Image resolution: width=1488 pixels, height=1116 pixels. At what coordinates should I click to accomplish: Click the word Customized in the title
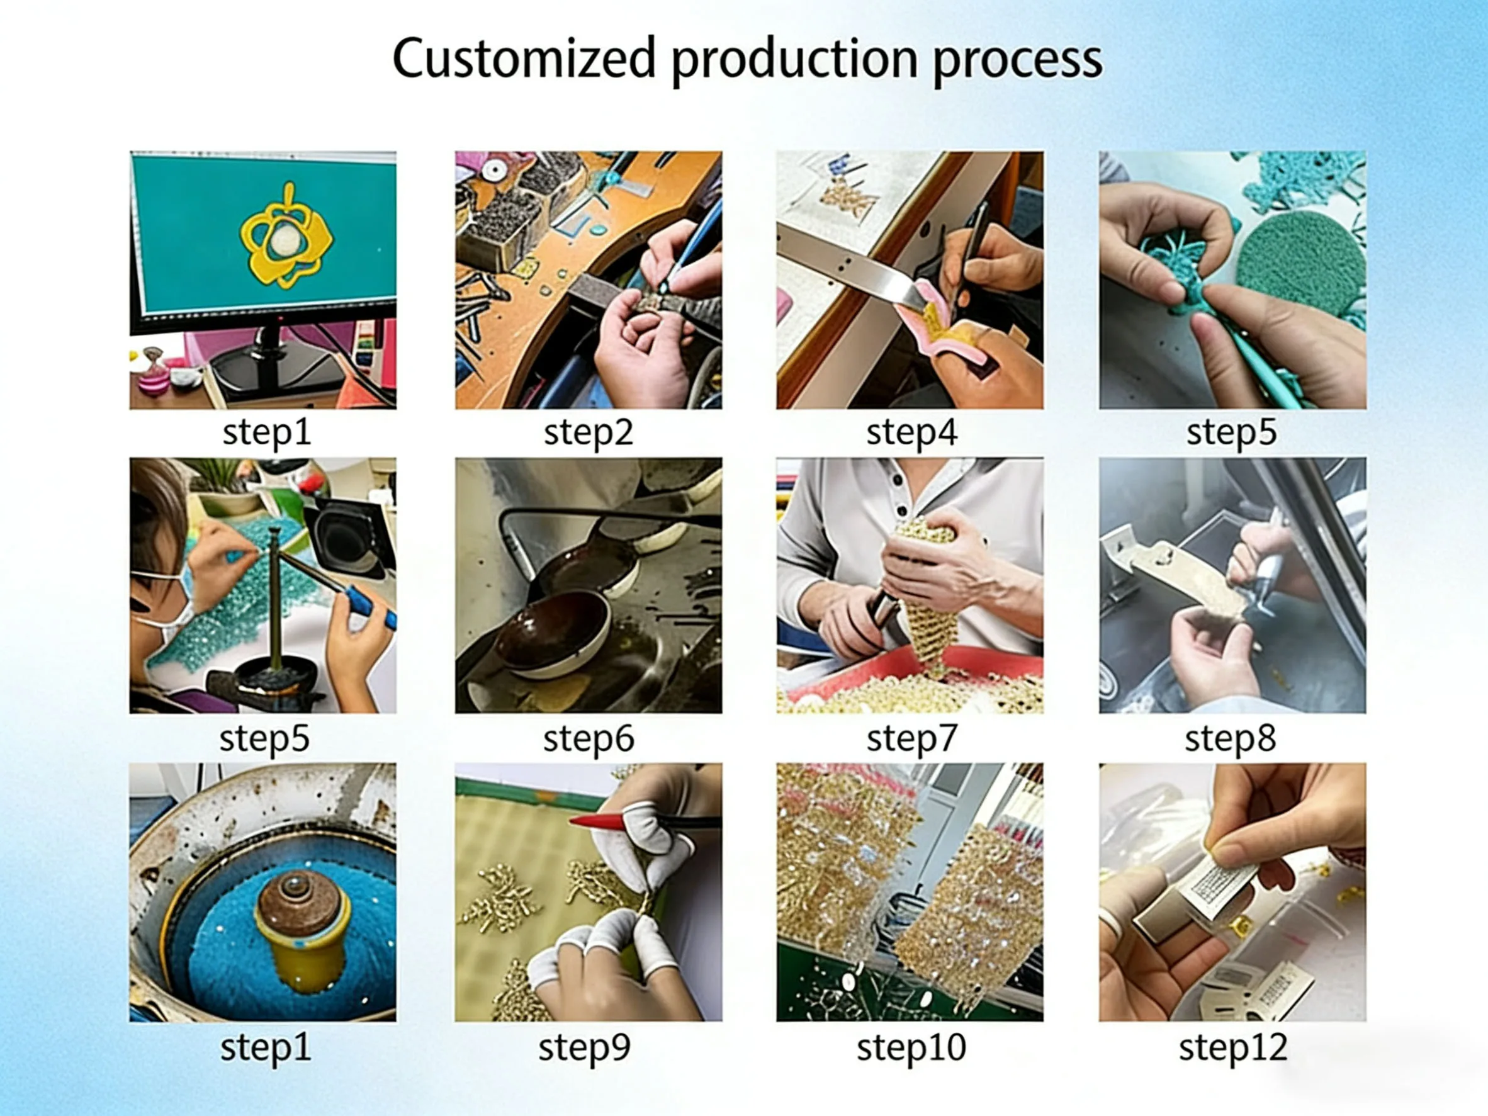[x=524, y=59]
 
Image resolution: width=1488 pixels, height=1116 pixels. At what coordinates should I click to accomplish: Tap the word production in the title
[x=794, y=60]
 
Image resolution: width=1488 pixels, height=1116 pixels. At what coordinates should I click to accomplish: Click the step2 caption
[x=589, y=432]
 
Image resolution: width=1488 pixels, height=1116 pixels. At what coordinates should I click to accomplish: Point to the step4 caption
[x=911, y=432]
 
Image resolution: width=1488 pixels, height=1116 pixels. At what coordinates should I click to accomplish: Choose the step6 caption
[x=589, y=738]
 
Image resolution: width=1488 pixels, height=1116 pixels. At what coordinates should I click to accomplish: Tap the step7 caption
[x=911, y=738]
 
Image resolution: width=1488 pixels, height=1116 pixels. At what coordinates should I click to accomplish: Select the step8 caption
[x=1231, y=738]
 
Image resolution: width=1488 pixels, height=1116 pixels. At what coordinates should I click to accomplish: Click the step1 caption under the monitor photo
[x=266, y=432]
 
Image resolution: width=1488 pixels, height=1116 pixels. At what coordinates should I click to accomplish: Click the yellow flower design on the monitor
[x=285, y=235]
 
